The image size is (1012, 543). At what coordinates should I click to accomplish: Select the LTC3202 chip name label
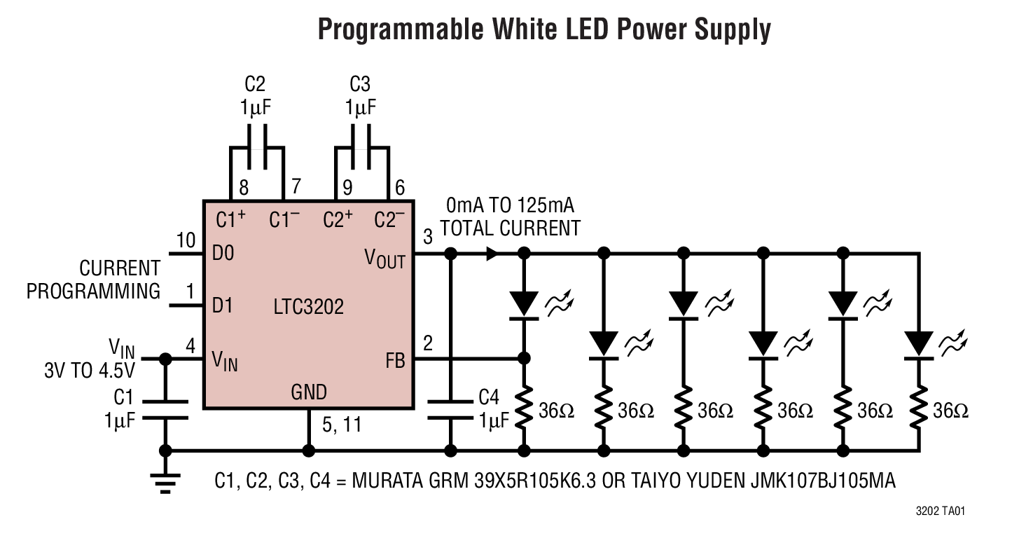coord(310,307)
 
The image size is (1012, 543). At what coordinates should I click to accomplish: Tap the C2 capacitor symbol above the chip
coord(256,148)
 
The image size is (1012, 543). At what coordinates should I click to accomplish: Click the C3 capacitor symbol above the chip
coord(361,148)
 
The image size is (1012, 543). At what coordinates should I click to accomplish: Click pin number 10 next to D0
coord(185,240)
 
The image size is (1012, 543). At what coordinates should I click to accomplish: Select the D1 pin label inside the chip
coord(223,305)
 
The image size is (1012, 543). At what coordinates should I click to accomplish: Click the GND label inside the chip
coord(309,392)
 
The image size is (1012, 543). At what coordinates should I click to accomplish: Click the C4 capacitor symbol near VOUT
coord(450,410)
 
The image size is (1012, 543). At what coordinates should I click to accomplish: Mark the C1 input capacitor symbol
coord(166,410)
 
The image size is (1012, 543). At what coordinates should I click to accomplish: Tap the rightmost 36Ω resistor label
coord(950,411)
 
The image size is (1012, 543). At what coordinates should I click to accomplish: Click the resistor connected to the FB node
coord(524,410)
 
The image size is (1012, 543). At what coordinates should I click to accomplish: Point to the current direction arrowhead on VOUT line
coord(492,254)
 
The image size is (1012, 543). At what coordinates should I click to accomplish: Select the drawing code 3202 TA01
coord(940,512)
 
